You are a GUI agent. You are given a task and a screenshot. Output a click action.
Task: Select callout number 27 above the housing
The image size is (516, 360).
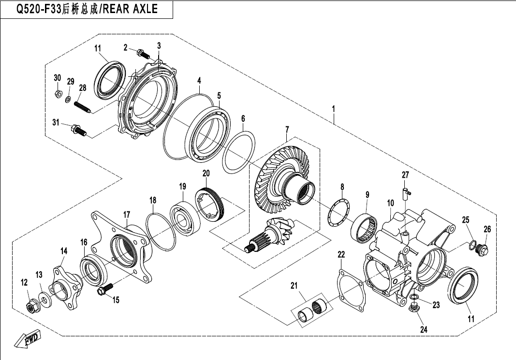click(405, 175)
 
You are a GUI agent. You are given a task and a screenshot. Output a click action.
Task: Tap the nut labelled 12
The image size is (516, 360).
click(31, 307)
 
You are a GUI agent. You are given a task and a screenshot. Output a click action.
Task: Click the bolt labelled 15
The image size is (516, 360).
click(105, 288)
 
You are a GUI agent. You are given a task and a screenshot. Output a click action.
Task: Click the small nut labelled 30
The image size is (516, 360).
click(57, 93)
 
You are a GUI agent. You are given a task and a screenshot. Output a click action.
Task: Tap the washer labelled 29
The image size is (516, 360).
click(68, 99)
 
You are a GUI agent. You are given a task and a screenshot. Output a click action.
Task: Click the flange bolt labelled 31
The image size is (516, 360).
click(79, 130)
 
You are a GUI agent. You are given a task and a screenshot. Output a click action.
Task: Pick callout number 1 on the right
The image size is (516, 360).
click(334, 109)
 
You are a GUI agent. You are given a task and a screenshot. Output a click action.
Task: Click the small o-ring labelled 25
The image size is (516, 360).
click(472, 245)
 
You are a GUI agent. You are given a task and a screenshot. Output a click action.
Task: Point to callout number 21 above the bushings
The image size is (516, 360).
click(294, 286)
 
